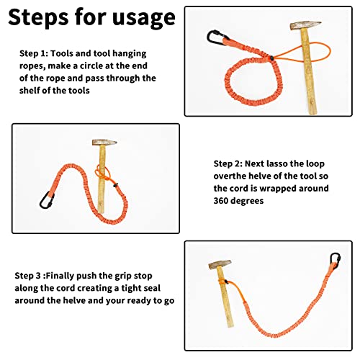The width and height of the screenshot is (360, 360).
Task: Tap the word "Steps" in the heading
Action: click(38, 17)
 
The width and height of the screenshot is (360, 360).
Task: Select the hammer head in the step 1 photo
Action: click(305, 25)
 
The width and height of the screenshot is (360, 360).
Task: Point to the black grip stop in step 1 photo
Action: click(271, 58)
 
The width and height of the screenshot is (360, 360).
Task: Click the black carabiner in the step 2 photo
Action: click(47, 200)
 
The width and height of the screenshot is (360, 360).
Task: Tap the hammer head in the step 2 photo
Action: click(104, 143)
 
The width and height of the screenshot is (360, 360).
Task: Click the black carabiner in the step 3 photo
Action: click(335, 261)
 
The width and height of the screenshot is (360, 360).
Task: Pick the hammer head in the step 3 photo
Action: click(220, 264)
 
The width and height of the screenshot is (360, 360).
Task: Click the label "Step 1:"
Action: click(34, 53)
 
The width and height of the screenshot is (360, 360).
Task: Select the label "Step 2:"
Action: click(228, 164)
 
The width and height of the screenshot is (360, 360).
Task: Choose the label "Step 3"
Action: click(27, 276)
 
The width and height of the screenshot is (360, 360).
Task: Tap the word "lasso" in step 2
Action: click(276, 163)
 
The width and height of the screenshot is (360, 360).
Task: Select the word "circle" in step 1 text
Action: click(91, 66)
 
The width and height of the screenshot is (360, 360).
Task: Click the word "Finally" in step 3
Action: click(60, 276)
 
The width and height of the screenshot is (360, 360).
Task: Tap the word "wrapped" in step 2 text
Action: click(276, 189)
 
